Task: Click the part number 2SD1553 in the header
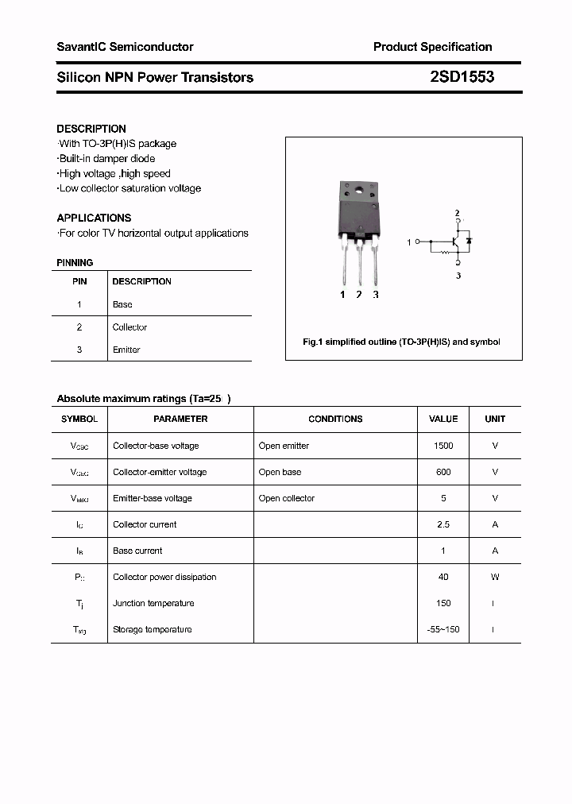click(462, 77)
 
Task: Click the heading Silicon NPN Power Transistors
click(155, 77)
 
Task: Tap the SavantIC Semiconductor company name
click(125, 47)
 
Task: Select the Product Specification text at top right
click(432, 47)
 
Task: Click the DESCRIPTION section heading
click(91, 129)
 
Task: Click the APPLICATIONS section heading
click(94, 218)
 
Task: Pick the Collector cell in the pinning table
click(129, 327)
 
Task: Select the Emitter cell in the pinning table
click(126, 350)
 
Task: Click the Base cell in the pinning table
click(122, 304)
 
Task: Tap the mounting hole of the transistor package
click(358, 190)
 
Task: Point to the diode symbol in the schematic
click(469, 240)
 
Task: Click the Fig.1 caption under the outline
click(401, 342)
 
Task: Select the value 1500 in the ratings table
click(443, 446)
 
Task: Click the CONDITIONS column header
click(335, 419)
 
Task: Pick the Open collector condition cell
click(286, 498)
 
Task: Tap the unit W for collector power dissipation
click(494, 577)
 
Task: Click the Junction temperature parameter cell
click(153, 603)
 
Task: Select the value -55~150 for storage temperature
click(443, 629)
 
